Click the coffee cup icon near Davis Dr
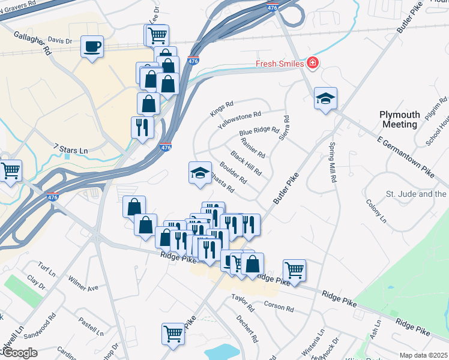[x=92, y=47]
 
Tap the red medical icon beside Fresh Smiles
[x=312, y=63]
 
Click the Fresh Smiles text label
[x=280, y=64]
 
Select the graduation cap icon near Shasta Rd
[x=200, y=173]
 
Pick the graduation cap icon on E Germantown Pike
[x=325, y=99]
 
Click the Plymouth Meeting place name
[x=399, y=119]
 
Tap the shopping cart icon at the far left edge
[x=10, y=171]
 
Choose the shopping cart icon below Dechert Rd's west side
[x=173, y=333]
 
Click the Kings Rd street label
[x=221, y=109]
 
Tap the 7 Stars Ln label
[x=70, y=148]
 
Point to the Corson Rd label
[x=279, y=307]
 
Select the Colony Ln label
[x=376, y=211]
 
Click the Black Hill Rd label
[x=246, y=164]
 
